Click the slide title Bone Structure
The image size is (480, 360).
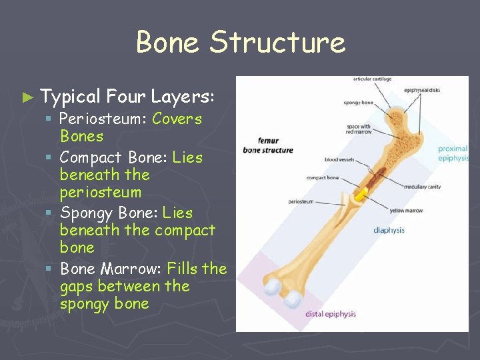point(241,43)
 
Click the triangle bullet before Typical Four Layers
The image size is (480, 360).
point(27,97)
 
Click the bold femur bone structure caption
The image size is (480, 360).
point(267,145)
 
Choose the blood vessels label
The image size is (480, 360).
point(339,160)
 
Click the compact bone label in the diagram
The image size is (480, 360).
point(323,178)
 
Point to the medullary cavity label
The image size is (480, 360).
point(423,187)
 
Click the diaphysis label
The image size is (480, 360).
point(389,231)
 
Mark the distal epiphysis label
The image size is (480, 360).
point(330,314)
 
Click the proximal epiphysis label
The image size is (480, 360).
point(453,154)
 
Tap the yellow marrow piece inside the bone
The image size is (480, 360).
point(360,194)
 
